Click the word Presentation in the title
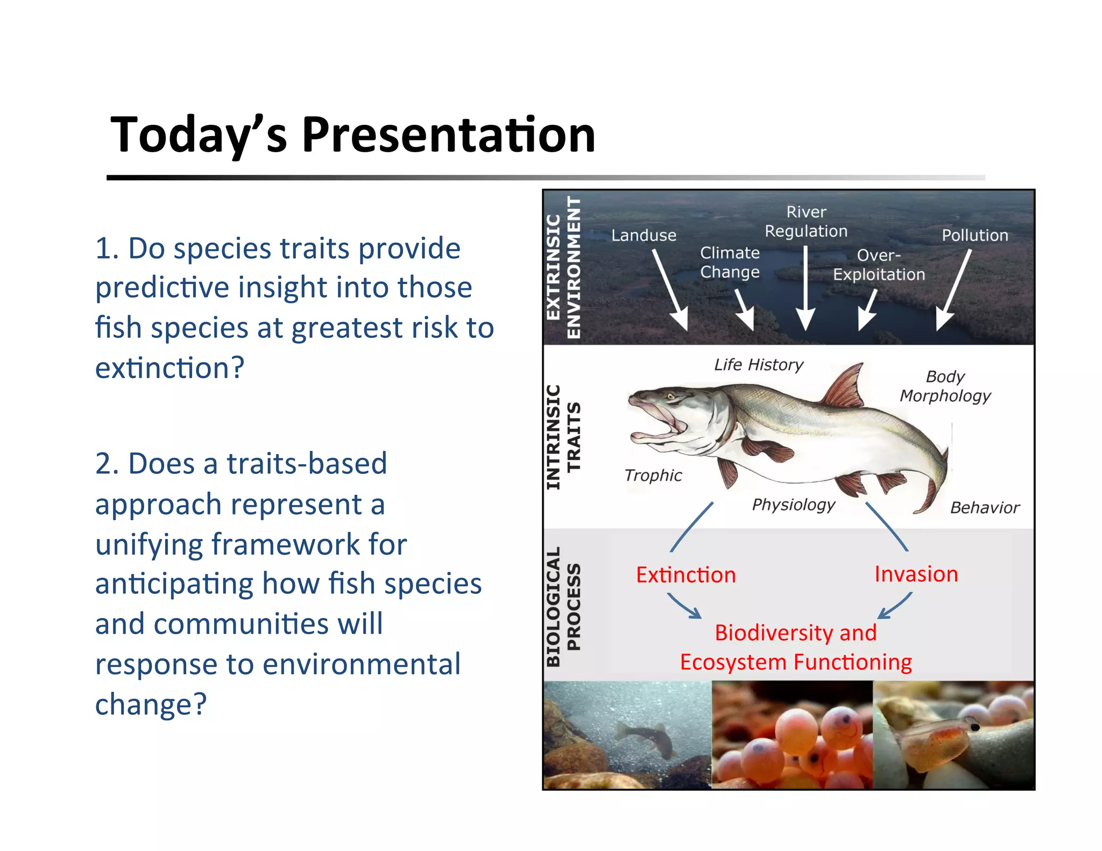click(448, 134)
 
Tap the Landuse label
click(644, 235)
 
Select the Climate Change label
click(730, 263)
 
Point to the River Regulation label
click(806, 222)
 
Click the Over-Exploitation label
click(879, 265)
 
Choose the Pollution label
click(974, 235)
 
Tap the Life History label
click(759, 365)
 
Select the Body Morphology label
click(945, 386)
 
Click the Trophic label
click(653, 476)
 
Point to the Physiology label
click(794, 505)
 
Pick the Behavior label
click(985, 508)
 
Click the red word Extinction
click(686, 575)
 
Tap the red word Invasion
click(916, 574)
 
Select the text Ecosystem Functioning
click(796, 662)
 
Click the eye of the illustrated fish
click(671, 397)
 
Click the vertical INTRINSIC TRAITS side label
click(563, 437)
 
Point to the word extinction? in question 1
click(169, 368)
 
